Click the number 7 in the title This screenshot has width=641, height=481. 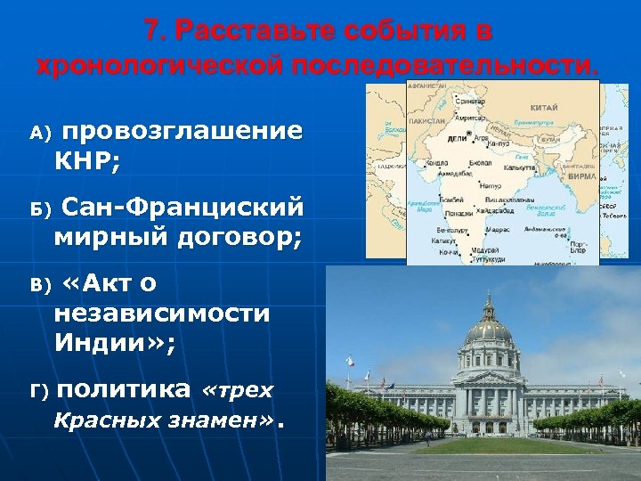(x=154, y=30)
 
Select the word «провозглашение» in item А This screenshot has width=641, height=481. (x=183, y=132)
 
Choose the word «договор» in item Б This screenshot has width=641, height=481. (x=242, y=237)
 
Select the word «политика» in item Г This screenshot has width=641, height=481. (x=126, y=389)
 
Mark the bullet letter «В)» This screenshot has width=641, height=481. (x=40, y=286)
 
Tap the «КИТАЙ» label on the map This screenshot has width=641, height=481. (x=543, y=105)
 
